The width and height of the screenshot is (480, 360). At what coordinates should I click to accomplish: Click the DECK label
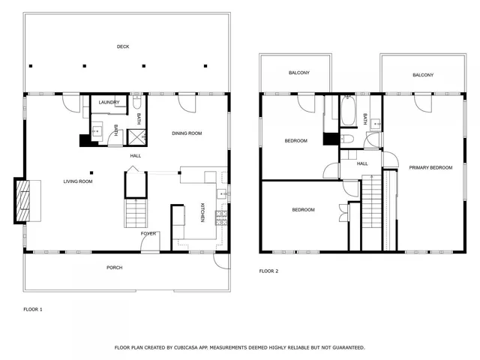coord(123,46)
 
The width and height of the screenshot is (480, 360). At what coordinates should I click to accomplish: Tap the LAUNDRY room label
coord(109,102)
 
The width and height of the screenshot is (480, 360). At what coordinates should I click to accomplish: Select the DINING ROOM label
coord(187,133)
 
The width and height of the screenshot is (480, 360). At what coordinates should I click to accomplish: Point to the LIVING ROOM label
coord(78,181)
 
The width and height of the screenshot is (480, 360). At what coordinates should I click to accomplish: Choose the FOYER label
coord(148,233)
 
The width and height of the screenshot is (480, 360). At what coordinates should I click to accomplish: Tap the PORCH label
coord(114,268)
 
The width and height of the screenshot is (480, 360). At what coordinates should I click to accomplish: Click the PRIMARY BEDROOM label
coord(430,168)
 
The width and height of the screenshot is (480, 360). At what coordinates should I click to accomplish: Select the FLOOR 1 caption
coord(33,309)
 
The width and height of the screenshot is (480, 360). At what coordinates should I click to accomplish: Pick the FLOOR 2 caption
coord(268,271)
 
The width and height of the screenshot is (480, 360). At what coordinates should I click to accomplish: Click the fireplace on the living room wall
coord(22,201)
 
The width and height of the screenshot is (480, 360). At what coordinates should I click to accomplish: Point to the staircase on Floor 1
coord(136,213)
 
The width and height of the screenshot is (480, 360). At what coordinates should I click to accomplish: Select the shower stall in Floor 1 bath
coord(137,136)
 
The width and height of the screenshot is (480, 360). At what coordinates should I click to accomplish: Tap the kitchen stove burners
coord(221,217)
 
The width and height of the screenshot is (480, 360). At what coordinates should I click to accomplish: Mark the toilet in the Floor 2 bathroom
coord(347,139)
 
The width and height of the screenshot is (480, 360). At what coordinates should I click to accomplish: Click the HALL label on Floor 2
coord(362,163)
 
